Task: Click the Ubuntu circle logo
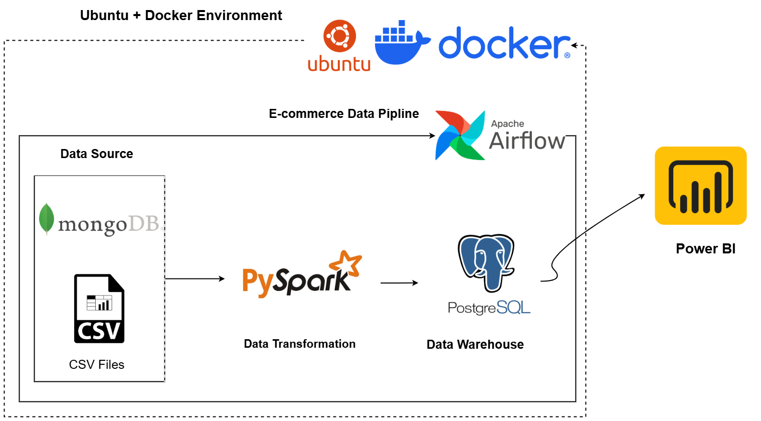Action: click(x=339, y=36)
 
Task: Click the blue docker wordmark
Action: click(x=504, y=44)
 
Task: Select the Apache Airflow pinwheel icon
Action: click(x=460, y=135)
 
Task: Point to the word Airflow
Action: click(x=527, y=141)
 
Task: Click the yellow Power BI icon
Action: click(x=700, y=186)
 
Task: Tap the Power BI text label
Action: click(x=705, y=249)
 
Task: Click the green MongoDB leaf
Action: click(x=47, y=219)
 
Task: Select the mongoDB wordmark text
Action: click(x=109, y=224)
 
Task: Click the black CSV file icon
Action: click(x=99, y=309)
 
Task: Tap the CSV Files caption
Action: click(x=97, y=365)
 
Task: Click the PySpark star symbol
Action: click(x=346, y=262)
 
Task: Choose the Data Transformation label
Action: click(x=300, y=344)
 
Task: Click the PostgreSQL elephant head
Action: click(x=486, y=261)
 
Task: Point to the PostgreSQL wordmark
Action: click(x=489, y=308)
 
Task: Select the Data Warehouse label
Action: click(x=475, y=344)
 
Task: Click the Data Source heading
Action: click(x=97, y=154)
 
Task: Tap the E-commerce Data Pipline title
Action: click(x=344, y=114)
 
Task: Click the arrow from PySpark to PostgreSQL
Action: click(x=399, y=283)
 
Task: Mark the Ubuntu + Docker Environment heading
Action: click(x=181, y=16)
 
